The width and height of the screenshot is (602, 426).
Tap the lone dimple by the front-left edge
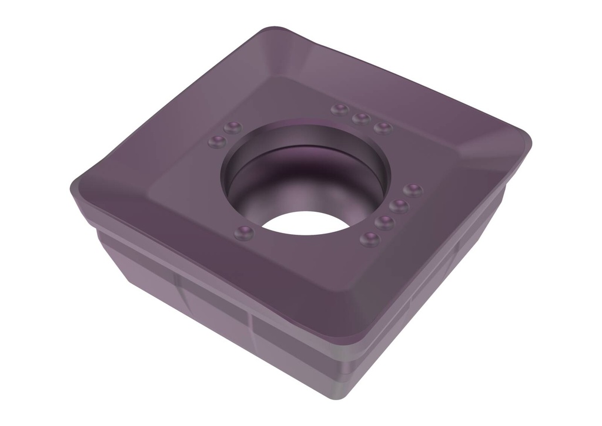tap(243, 233)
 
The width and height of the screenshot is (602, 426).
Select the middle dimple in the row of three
tap(360, 119)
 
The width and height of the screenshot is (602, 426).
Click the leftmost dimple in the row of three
tap(339, 110)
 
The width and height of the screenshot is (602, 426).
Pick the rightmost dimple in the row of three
tap(383, 128)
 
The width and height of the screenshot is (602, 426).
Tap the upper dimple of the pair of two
tap(233, 127)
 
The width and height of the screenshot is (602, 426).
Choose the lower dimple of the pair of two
tap(218, 141)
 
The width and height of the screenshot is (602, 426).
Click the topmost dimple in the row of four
tap(413, 190)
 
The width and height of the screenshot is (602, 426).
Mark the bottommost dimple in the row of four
tap(369, 239)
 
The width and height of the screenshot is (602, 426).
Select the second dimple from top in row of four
tap(399, 206)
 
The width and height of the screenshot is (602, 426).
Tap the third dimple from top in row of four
tap(384, 222)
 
